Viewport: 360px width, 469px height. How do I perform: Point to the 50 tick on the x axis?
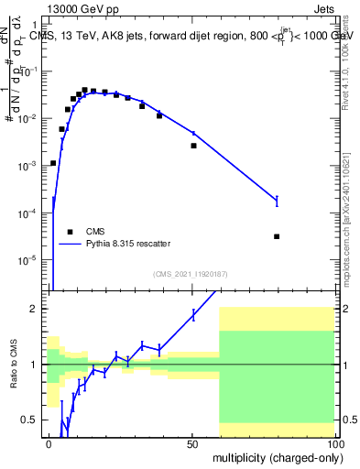coord(191,442)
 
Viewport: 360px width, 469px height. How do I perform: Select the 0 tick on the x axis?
coord(49,442)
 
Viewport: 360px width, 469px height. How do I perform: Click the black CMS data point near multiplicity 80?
coord(277,236)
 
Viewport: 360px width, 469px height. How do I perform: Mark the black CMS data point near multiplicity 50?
coord(193,146)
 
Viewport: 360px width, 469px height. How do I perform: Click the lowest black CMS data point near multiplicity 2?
coord(53,163)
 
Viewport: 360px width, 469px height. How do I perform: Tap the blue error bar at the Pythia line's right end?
coord(277,201)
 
